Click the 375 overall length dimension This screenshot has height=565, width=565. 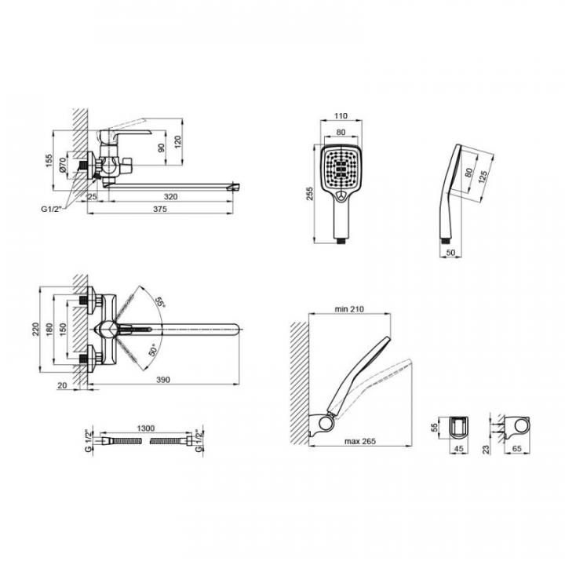tap(160, 209)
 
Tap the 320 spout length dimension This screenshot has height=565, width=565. tap(170, 197)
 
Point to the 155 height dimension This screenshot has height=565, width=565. tap(49, 161)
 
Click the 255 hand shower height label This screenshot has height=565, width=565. tap(309, 194)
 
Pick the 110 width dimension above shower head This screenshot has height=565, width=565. tap(341, 115)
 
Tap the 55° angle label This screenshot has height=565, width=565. tap(159, 302)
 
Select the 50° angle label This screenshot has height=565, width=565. tap(153, 350)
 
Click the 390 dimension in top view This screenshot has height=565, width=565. tap(163, 380)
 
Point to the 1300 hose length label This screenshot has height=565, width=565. tap(146, 428)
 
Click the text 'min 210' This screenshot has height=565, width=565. tap(349, 309)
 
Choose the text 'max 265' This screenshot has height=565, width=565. tap(360, 441)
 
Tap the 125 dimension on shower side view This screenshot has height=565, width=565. tap(483, 177)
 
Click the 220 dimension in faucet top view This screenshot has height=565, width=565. tap(35, 330)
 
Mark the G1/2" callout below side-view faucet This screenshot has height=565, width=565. tap(52, 209)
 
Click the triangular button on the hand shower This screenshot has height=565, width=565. tap(341, 196)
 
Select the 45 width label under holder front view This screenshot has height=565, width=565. tap(459, 449)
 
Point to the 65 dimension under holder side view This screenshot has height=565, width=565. tap(516, 449)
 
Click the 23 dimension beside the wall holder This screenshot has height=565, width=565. tap(486, 450)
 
